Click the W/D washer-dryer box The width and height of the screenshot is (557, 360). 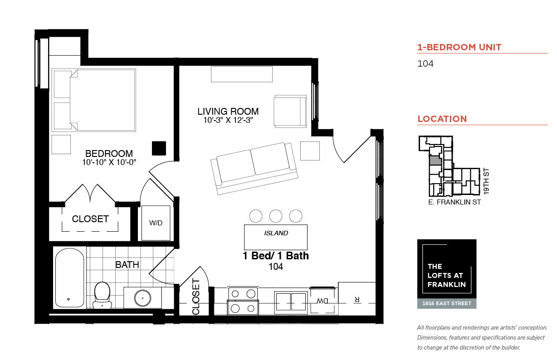[x=156, y=223]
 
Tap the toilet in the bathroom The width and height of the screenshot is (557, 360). [x=102, y=295]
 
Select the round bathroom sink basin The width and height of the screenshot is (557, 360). [x=142, y=298]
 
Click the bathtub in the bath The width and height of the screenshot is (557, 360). [x=69, y=277]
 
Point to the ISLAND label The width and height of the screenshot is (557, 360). [x=276, y=233]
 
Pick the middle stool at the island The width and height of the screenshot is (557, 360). [x=276, y=216]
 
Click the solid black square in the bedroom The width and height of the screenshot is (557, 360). [x=159, y=148]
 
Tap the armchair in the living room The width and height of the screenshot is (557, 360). [x=290, y=111]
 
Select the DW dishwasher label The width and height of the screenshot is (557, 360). [x=322, y=301]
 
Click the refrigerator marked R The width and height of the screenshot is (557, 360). [x=357, y=299]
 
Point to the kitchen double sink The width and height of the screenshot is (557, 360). [x=291, y=302]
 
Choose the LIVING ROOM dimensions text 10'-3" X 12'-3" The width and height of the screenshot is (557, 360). [x=228, y=120]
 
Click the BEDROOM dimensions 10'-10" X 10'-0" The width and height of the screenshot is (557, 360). [x=109, y=162]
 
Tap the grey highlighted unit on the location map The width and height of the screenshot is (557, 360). [x=435, y=161]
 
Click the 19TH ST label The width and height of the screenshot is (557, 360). [x=486, y=181]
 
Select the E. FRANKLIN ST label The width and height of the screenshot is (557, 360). [x=454, y=202]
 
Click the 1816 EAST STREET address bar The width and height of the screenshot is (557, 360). [x=447, y=304]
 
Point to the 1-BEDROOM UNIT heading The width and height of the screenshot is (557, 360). [x=459, y=47]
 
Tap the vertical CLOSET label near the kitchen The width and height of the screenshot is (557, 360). [x=196, y=297]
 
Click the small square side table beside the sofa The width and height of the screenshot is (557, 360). [x=310, y=151]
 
